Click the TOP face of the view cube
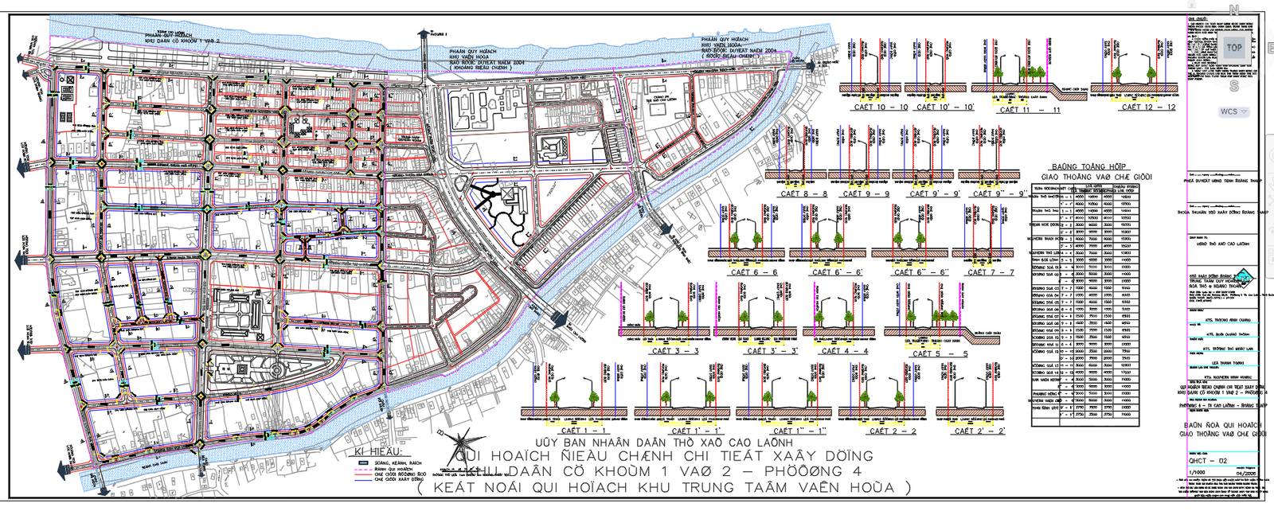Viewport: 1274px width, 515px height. (x=1233, y=48)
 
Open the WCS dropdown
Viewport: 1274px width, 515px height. (x=1233, y=111)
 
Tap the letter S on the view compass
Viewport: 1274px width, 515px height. (x=1234, y=86)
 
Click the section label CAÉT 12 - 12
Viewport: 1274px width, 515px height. (x=1148, y=107)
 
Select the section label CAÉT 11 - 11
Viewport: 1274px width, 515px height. (x=1030, y=110)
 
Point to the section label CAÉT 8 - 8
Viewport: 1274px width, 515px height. (x=803, y=193)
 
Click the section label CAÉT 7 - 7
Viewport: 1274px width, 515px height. (x=990, y=272)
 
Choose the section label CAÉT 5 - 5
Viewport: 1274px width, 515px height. (x=940, y=353)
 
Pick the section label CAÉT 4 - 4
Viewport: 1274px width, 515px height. (x=844, y=351)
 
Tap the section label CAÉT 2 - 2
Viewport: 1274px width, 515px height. (x=893, y=431)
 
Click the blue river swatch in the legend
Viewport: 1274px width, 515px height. (x=361, y=462)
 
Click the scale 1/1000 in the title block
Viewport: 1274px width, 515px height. (x=1197, y=473)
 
